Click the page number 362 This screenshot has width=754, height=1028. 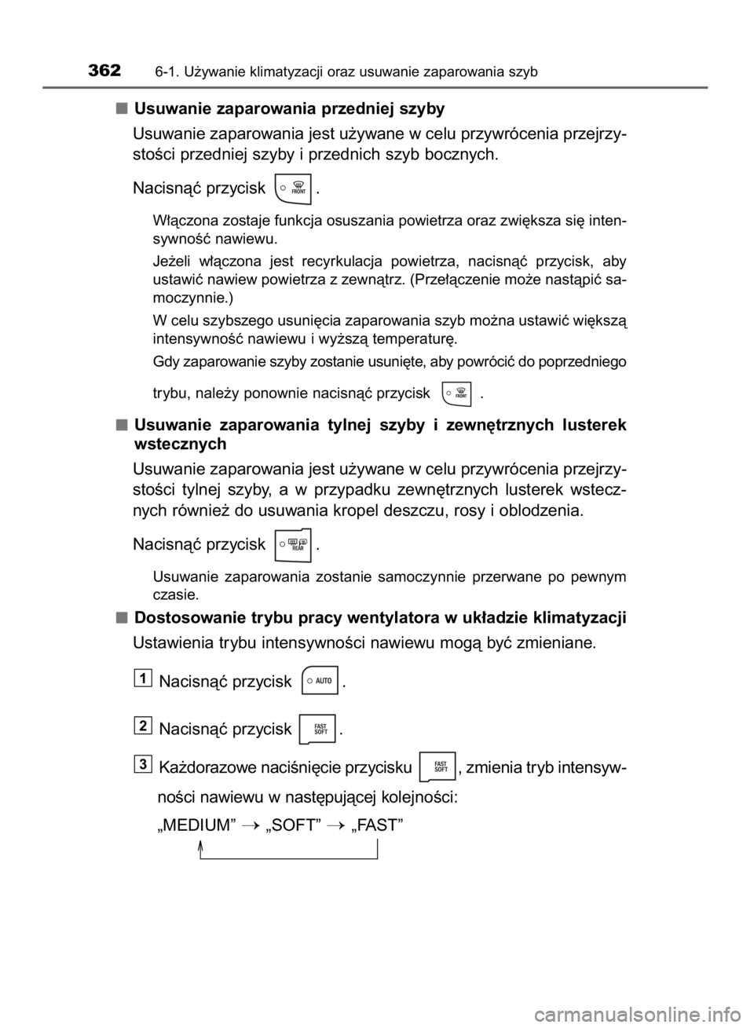[x=105, y=71]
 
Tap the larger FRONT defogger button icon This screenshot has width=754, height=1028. [x=292, y=188]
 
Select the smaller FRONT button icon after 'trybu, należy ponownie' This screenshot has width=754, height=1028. [x=456, y=393]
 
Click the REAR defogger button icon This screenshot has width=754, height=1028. [x=292, y=545]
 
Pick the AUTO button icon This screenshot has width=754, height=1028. [x=320, y=680]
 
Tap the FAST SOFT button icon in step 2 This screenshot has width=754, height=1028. [x=317, y=729]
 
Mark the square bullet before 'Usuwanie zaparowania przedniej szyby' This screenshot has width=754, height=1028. [x=121, y=108]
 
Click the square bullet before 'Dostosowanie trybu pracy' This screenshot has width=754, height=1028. [x=121, y=618]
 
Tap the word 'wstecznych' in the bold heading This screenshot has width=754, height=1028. [x=180, y=444]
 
